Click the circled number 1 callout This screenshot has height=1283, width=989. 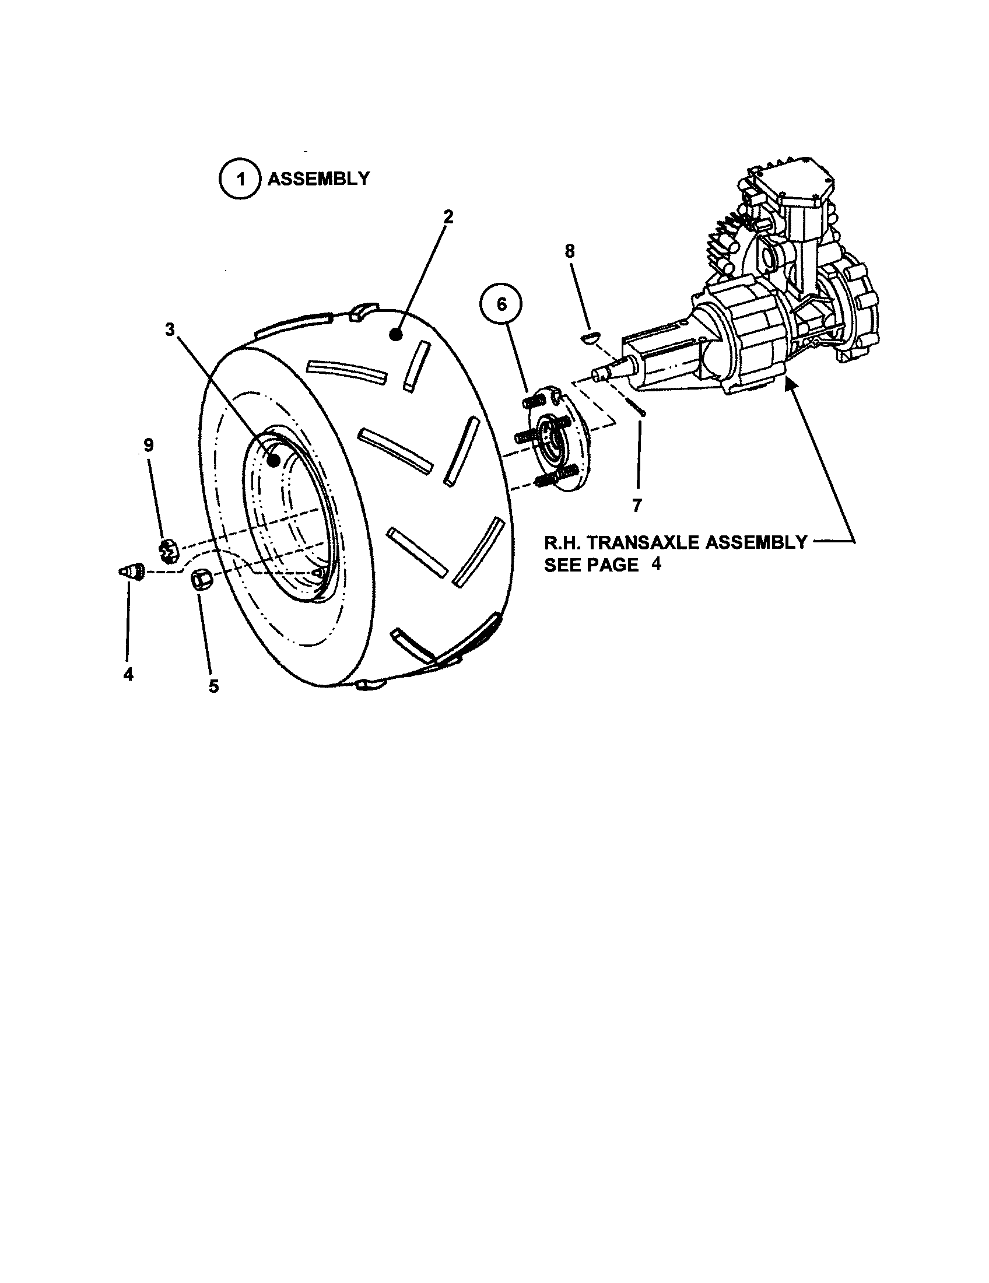tap(240, 179)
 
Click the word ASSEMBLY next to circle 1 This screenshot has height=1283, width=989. tap(318, 178)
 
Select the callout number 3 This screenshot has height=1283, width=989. tap(170, 330)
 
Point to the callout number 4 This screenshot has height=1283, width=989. tap(128, 674)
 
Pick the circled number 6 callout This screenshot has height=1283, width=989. tap(501, 305)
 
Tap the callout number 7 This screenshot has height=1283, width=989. tap(637, 504)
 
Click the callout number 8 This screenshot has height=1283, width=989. tap(569, 251)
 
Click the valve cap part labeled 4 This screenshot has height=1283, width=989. tap(132, 571)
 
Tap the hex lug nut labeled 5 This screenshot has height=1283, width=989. tap(202, 579)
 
